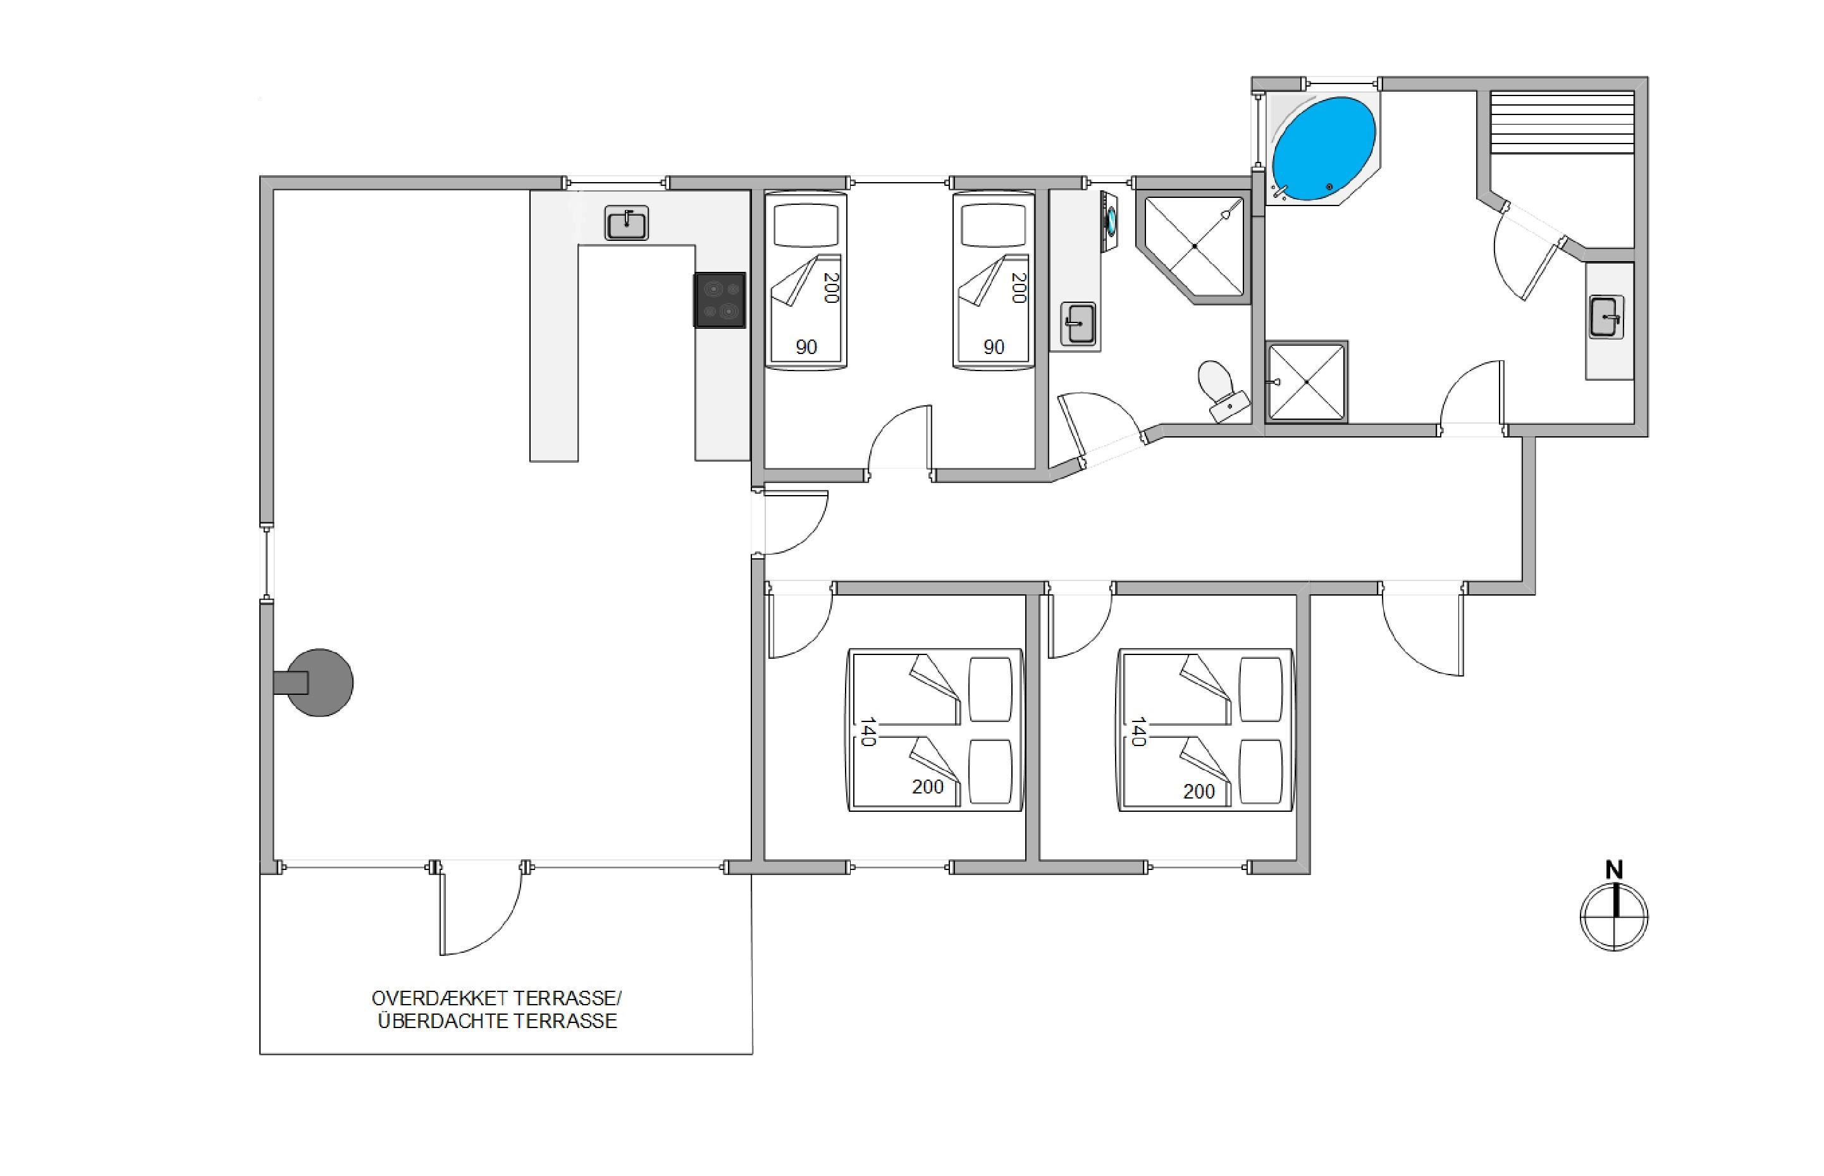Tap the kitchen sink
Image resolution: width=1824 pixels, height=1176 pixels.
626,223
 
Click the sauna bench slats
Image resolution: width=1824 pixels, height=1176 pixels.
1562,122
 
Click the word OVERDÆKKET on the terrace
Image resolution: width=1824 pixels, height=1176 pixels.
440,998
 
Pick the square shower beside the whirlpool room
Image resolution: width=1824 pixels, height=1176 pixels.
1306,381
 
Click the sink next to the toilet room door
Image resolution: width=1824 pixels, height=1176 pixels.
1078,323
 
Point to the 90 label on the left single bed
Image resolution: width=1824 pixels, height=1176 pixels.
806,348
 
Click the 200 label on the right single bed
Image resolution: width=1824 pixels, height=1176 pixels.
1018,288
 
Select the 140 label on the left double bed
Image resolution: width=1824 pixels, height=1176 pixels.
868,732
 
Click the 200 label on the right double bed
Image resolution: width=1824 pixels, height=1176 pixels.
1199,791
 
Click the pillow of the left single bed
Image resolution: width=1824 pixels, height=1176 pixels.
806,225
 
